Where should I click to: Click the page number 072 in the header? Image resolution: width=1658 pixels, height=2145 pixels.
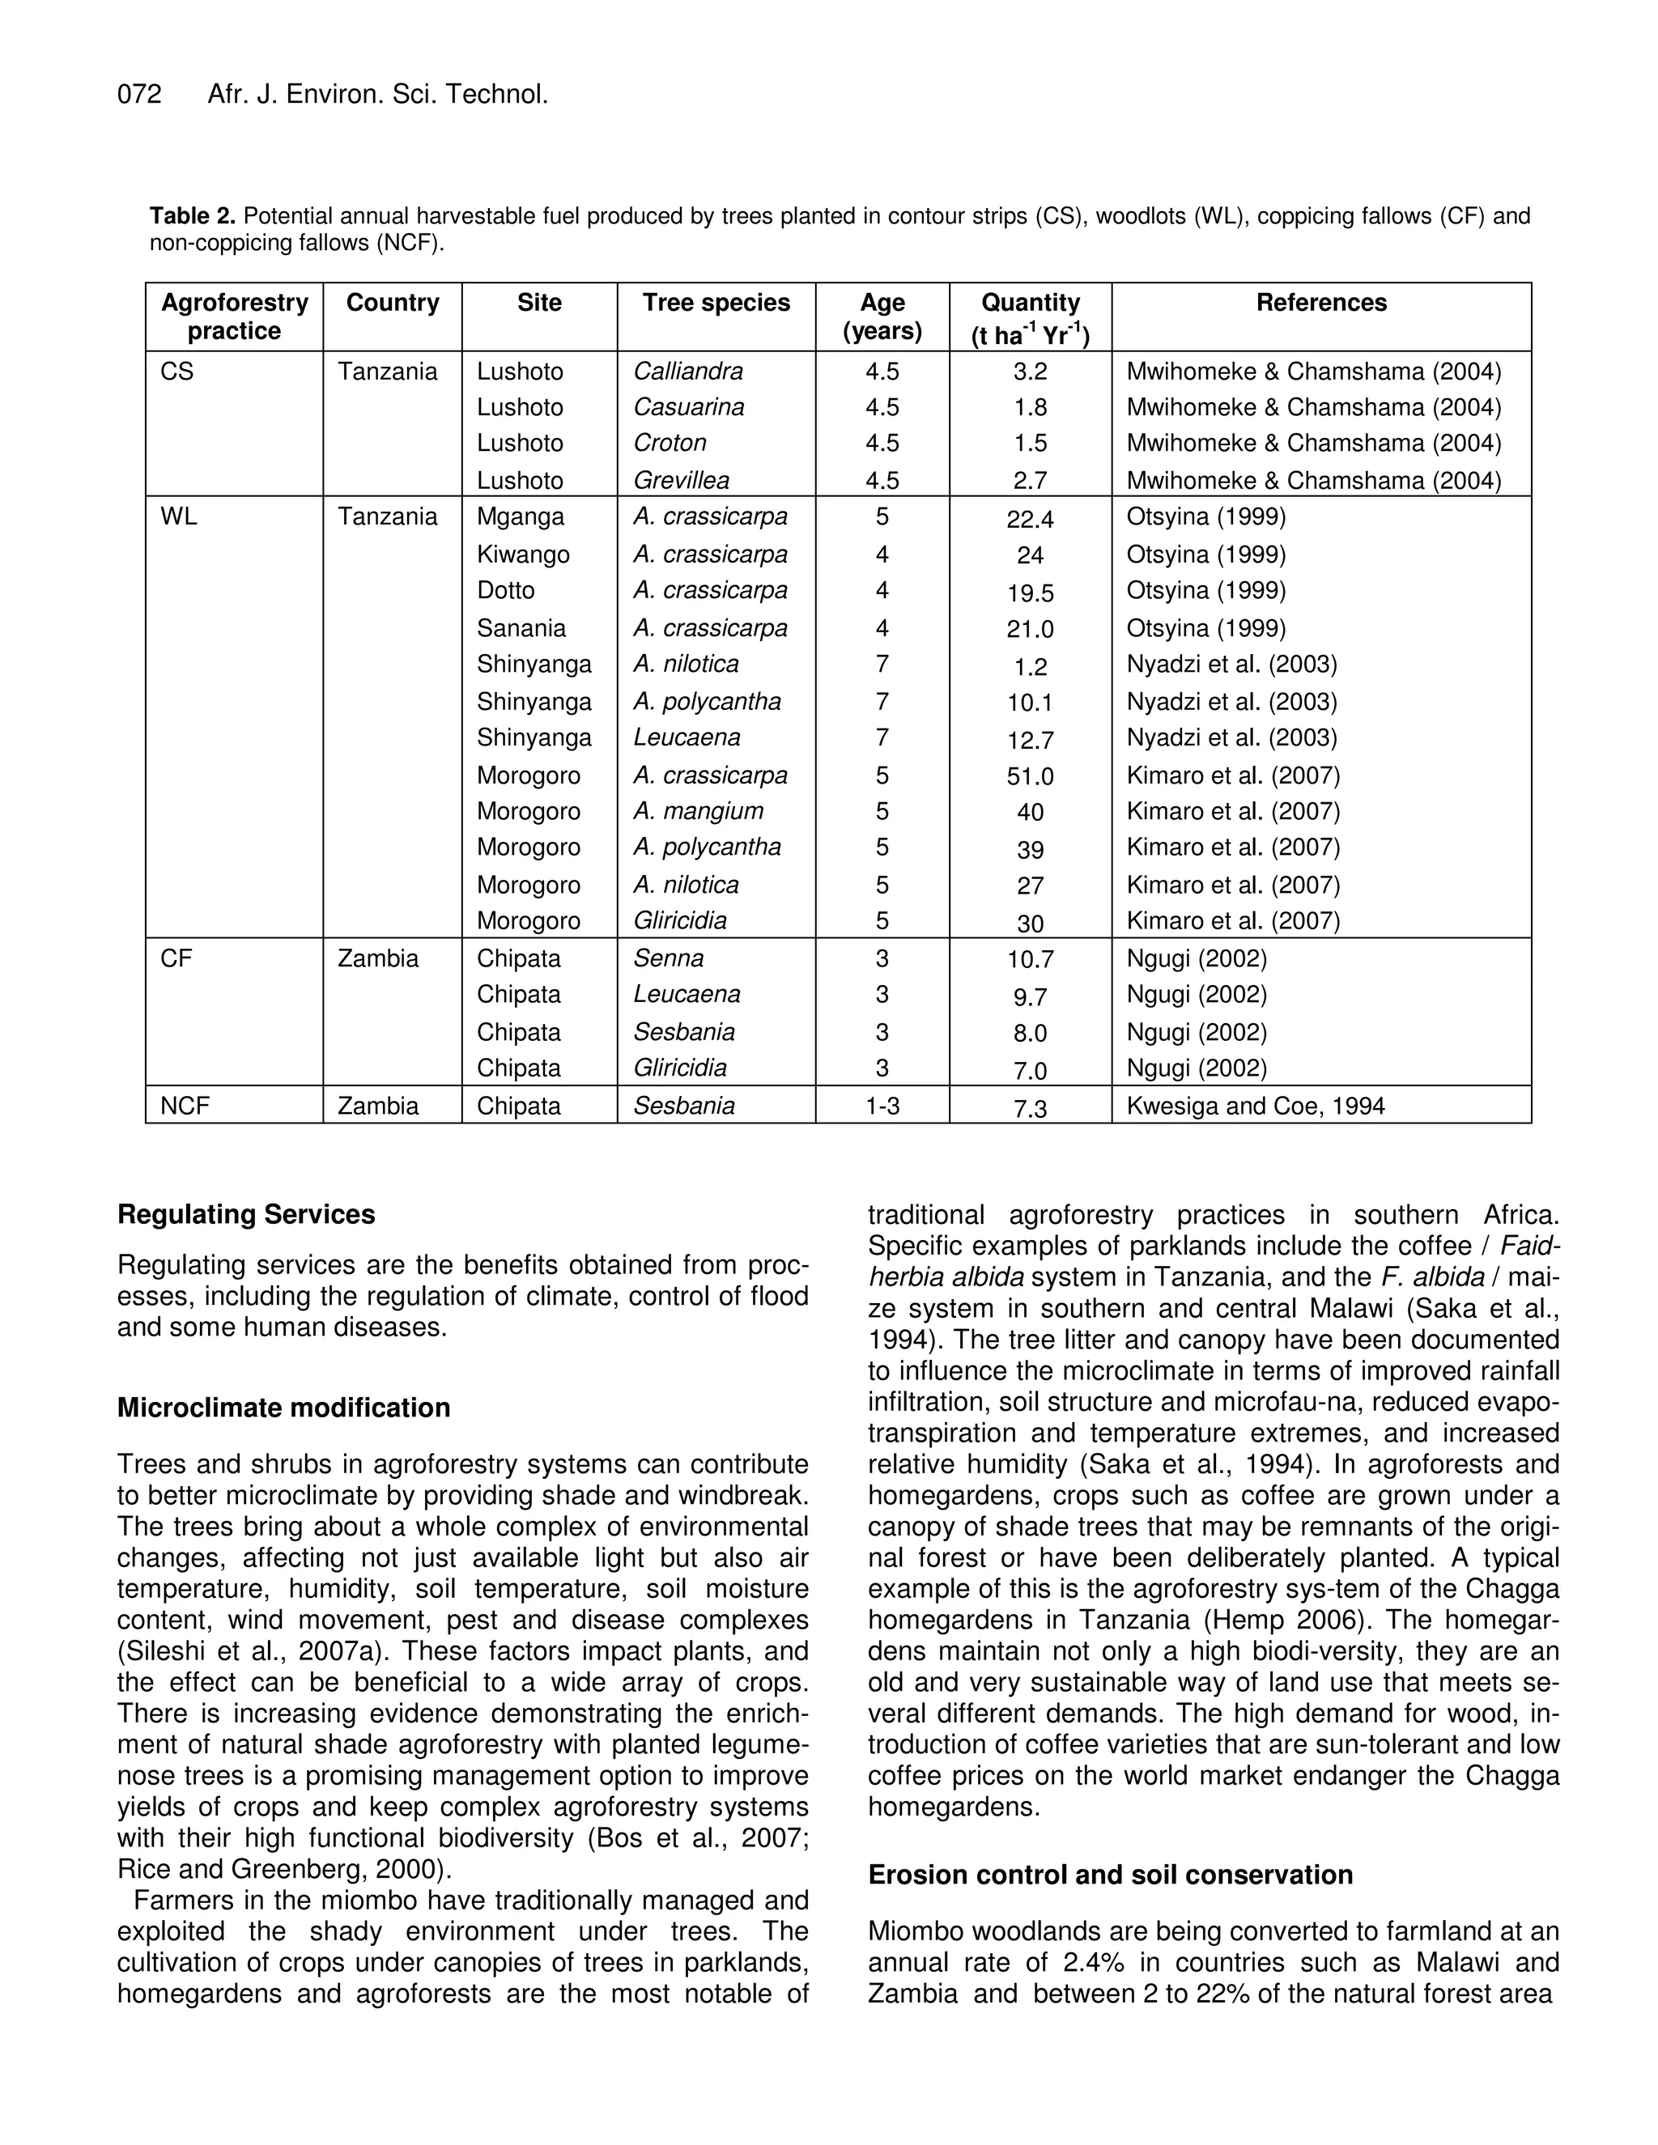point(139,94)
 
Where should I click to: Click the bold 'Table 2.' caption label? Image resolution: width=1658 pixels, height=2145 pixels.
point(193,215)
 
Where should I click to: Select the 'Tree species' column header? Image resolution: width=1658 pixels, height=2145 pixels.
point(716,303)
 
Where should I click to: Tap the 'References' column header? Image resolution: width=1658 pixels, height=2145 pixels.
point(1321,303)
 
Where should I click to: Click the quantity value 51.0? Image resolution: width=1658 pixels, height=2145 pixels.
point(1030,777)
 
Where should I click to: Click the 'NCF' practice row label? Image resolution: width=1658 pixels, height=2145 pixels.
point(185,1106)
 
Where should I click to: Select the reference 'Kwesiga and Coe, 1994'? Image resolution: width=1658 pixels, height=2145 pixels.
point(1256,1106)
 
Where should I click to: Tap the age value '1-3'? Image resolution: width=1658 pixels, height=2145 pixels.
point(882,1106)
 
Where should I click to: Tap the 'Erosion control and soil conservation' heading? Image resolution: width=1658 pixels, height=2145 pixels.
point(1110,1875)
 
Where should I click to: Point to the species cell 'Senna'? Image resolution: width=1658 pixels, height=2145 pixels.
point(668,958)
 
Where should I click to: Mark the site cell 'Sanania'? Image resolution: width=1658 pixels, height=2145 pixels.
point(521,629)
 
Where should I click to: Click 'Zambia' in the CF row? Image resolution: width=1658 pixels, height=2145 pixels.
point(377,958)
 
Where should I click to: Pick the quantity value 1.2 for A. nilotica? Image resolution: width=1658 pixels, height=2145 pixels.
point(1030,668)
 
